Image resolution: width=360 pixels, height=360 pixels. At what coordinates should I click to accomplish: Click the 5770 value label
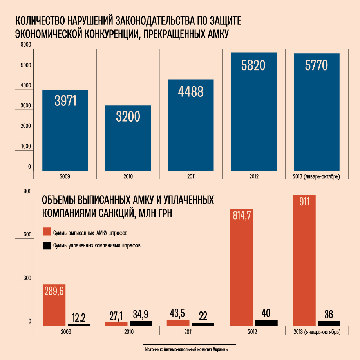coord(316,65)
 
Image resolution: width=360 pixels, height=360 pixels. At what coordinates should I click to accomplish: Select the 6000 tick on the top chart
coord(26,45)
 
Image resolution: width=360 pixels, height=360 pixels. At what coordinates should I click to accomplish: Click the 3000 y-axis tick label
coord(26,106)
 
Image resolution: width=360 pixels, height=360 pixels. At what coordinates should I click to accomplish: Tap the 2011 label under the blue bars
coord(191,176)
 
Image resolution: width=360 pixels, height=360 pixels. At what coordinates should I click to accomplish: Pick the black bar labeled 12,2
coord(79,325)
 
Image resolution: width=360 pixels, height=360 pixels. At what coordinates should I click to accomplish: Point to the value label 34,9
coord(141,315)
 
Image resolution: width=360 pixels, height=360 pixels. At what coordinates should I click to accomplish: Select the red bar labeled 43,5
coord(178,323)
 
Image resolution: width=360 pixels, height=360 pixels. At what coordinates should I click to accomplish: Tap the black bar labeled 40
coord(266,323)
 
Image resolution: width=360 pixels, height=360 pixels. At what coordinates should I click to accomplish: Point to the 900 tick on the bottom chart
coord(27,191)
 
